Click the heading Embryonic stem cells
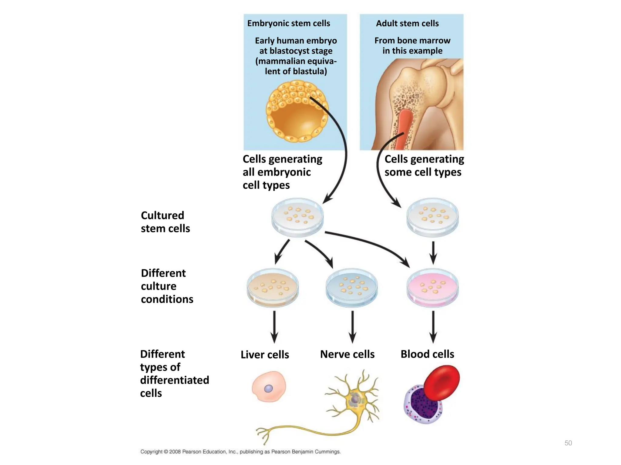point(288,23)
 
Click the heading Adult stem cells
point(407,23)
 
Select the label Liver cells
point(265,355)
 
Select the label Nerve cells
point(347,354)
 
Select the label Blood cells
point(427,354)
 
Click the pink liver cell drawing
point(269,387)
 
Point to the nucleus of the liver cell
point(268,389)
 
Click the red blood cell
point(442,383)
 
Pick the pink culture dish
point(432,288)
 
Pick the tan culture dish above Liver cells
point(273,288)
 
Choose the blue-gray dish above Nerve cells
point(352,288)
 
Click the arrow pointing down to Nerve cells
point(352,327)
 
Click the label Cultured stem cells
point(165,222)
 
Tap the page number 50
point(568,443)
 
